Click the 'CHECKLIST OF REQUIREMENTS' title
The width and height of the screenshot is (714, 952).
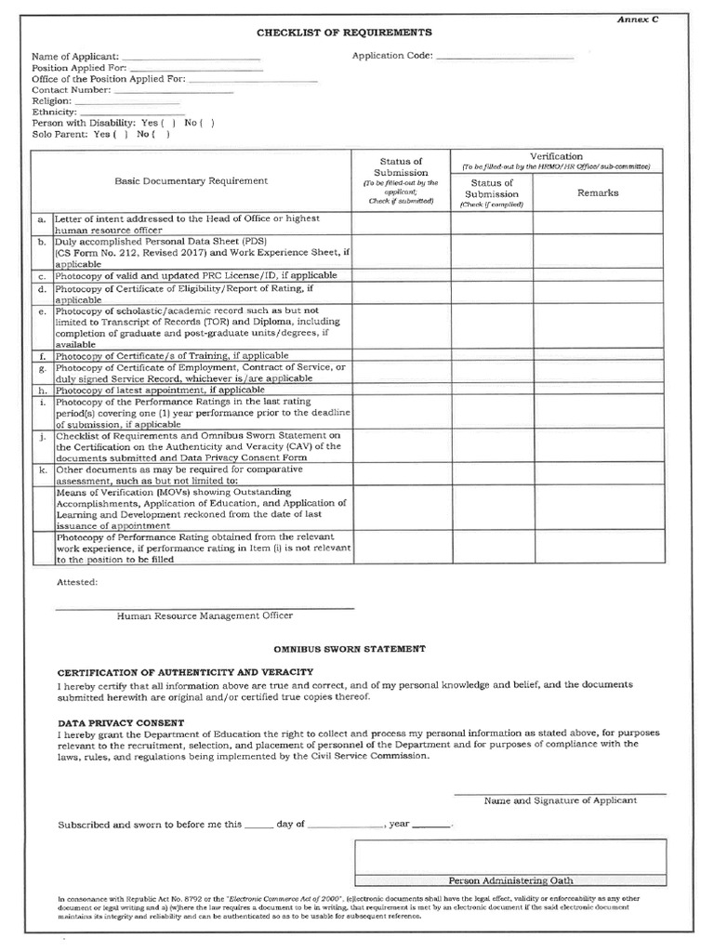point(344,32)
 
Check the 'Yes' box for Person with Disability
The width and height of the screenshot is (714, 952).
point(168,123)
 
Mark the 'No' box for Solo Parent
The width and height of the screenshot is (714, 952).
point(164,134)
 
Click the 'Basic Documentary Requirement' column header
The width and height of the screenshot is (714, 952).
point(192,180)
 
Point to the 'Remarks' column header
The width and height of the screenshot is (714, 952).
point(598,193)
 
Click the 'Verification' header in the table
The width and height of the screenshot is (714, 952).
point(556,156)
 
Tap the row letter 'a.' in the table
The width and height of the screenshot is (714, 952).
point(41,219)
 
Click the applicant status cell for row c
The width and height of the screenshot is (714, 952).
point(401,276)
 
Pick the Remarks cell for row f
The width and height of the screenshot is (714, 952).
point(598,355)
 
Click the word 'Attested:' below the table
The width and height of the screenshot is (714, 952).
point(75,582)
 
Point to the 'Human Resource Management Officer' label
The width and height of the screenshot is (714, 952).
point(205,615)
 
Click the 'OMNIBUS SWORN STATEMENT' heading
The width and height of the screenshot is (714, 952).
point(349,647)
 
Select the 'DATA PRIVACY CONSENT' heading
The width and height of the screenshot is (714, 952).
point(121,722)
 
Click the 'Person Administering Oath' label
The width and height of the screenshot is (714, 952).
point(510,880)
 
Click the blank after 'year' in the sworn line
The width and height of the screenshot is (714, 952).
point(430,825)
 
